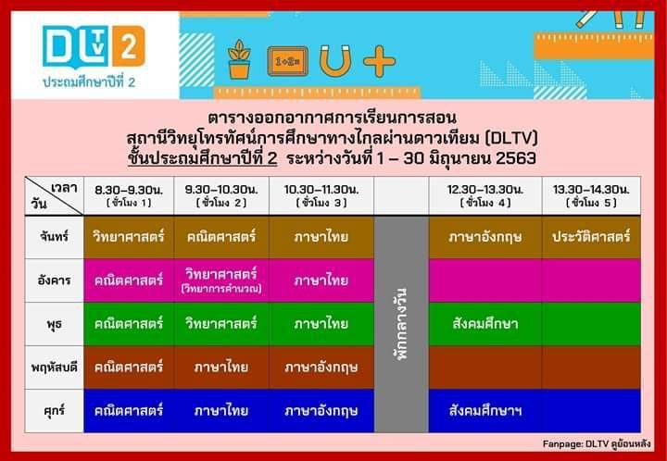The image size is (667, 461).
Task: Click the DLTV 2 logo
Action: [94, 47]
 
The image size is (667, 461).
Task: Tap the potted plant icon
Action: [239, 59]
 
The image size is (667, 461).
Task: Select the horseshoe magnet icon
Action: [335, 61]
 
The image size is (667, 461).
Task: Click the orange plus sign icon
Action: [380, 62]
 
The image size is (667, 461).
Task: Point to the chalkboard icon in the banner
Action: [288, 62]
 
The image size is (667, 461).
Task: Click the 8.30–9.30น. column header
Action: [129, 195]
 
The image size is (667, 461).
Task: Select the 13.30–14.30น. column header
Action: [591, 195]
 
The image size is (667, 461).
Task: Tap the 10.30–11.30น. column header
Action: [321, 195]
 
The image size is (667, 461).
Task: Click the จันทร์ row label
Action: [54, 237]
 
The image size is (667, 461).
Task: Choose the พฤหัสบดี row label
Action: [54, 368]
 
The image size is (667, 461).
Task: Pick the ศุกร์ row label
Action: [54, 411]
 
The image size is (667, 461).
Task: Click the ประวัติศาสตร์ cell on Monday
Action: [591, 237]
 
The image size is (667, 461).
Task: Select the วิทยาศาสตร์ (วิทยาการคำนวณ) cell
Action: [221, 280]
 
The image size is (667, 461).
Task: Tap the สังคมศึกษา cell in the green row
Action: [485, 324]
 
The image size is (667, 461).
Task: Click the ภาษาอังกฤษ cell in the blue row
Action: [321, 411]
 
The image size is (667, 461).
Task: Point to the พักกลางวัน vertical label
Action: [401, 324]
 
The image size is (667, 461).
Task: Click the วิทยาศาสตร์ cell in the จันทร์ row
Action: [129, 237]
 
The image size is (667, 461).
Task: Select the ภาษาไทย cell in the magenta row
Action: [321, 280]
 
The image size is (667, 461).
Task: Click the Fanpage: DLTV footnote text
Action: [597, 444]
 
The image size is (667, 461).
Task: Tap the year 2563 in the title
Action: [516, 158]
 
